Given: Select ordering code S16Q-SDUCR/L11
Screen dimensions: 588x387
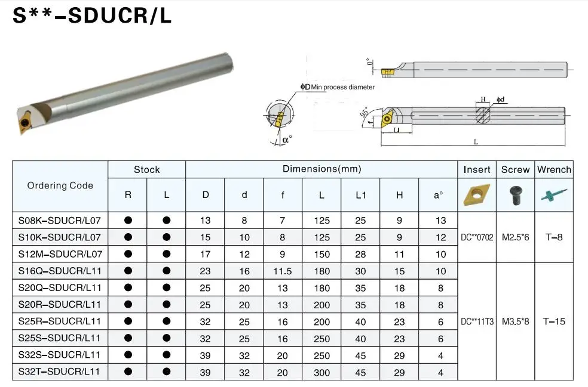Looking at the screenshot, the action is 60,271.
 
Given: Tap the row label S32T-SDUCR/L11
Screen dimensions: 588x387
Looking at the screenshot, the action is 60,371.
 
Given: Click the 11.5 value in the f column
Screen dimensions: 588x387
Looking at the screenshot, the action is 282,271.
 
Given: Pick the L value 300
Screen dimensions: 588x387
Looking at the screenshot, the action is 321,371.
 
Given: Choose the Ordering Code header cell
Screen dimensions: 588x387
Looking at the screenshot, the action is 60,185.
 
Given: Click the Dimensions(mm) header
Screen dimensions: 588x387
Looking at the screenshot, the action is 321,169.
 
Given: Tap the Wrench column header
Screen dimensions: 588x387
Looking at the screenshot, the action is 554,169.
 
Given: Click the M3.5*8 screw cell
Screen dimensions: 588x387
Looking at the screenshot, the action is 515,321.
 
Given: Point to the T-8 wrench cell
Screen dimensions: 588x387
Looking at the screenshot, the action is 553,237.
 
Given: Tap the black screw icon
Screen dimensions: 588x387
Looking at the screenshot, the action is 515,194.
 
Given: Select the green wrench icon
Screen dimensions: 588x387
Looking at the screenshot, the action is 553,194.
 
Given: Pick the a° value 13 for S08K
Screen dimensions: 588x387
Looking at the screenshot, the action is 440,220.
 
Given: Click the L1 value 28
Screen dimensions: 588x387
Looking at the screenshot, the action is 360,254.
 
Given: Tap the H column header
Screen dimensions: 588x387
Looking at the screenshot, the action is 399,195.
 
